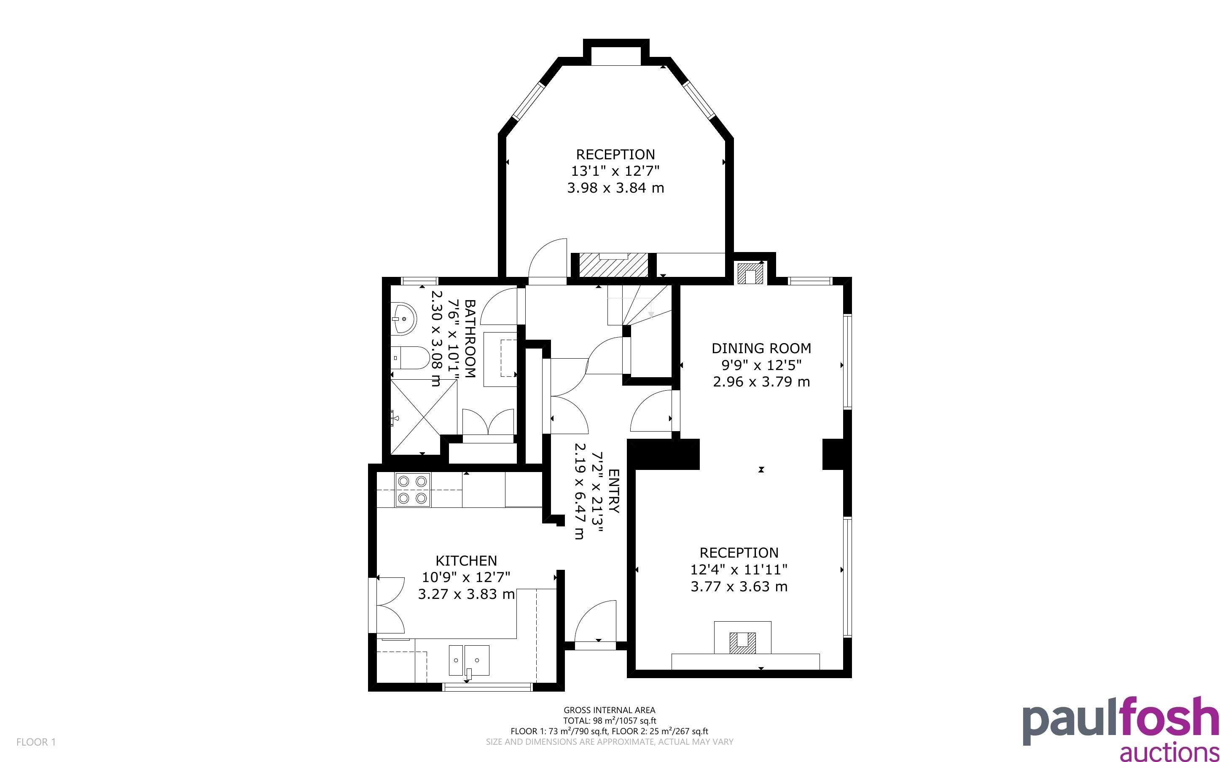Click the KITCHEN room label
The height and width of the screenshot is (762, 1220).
point(466,561)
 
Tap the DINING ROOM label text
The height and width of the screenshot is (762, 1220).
point(761,348)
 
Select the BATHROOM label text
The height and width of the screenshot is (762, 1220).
point(470,339)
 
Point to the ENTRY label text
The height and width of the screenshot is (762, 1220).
point(613,491)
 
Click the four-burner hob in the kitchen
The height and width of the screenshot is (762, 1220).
point(413,489)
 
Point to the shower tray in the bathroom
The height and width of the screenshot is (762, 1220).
point(423,416)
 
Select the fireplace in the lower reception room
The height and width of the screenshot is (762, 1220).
point(743,638)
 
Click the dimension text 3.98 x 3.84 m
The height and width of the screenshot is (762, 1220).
point(615,188)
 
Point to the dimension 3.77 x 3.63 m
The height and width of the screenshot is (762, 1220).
point(739,587)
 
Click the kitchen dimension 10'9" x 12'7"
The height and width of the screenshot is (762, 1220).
point(466,577)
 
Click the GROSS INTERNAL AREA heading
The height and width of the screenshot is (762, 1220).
point(609,711)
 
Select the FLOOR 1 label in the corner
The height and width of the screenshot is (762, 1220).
point(36,742)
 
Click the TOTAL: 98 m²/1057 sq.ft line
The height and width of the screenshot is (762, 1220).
point(609,721)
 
